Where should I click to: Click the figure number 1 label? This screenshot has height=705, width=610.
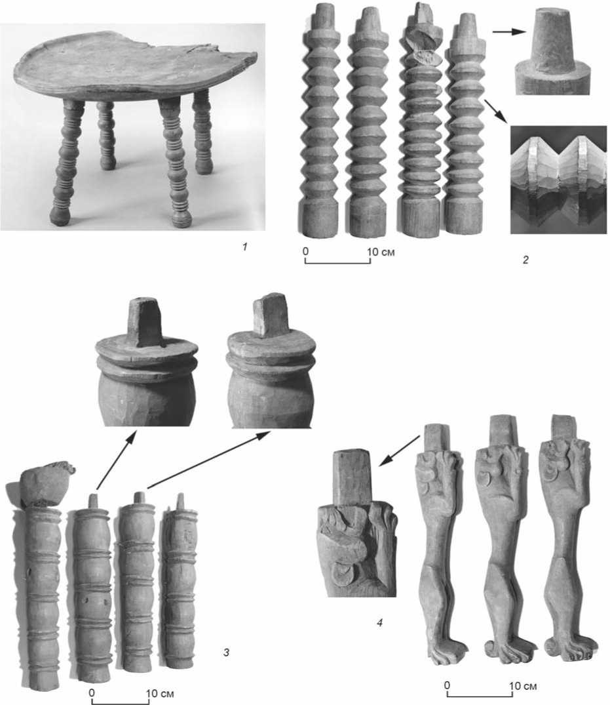click(x=245, y=247)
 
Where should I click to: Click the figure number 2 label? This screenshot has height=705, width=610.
click(x=525, y=260)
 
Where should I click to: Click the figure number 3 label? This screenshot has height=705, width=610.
click(x=227, y=652)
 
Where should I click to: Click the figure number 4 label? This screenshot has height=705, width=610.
click(x=379, y=623)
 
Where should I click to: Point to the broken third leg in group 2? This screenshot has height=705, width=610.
click(x=421, y=121)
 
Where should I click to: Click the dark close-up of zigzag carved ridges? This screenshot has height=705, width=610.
click(x=558, y=180)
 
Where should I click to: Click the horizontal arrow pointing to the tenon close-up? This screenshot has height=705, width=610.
click(x=509, y=31)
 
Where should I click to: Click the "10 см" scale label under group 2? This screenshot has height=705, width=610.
click(x=381, y=252)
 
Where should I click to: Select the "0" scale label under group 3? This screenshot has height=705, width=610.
click(x=92, y=693)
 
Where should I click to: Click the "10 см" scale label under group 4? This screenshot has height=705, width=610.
click(x=523, y=686)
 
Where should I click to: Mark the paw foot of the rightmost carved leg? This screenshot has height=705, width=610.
click(x=571, y=647)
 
